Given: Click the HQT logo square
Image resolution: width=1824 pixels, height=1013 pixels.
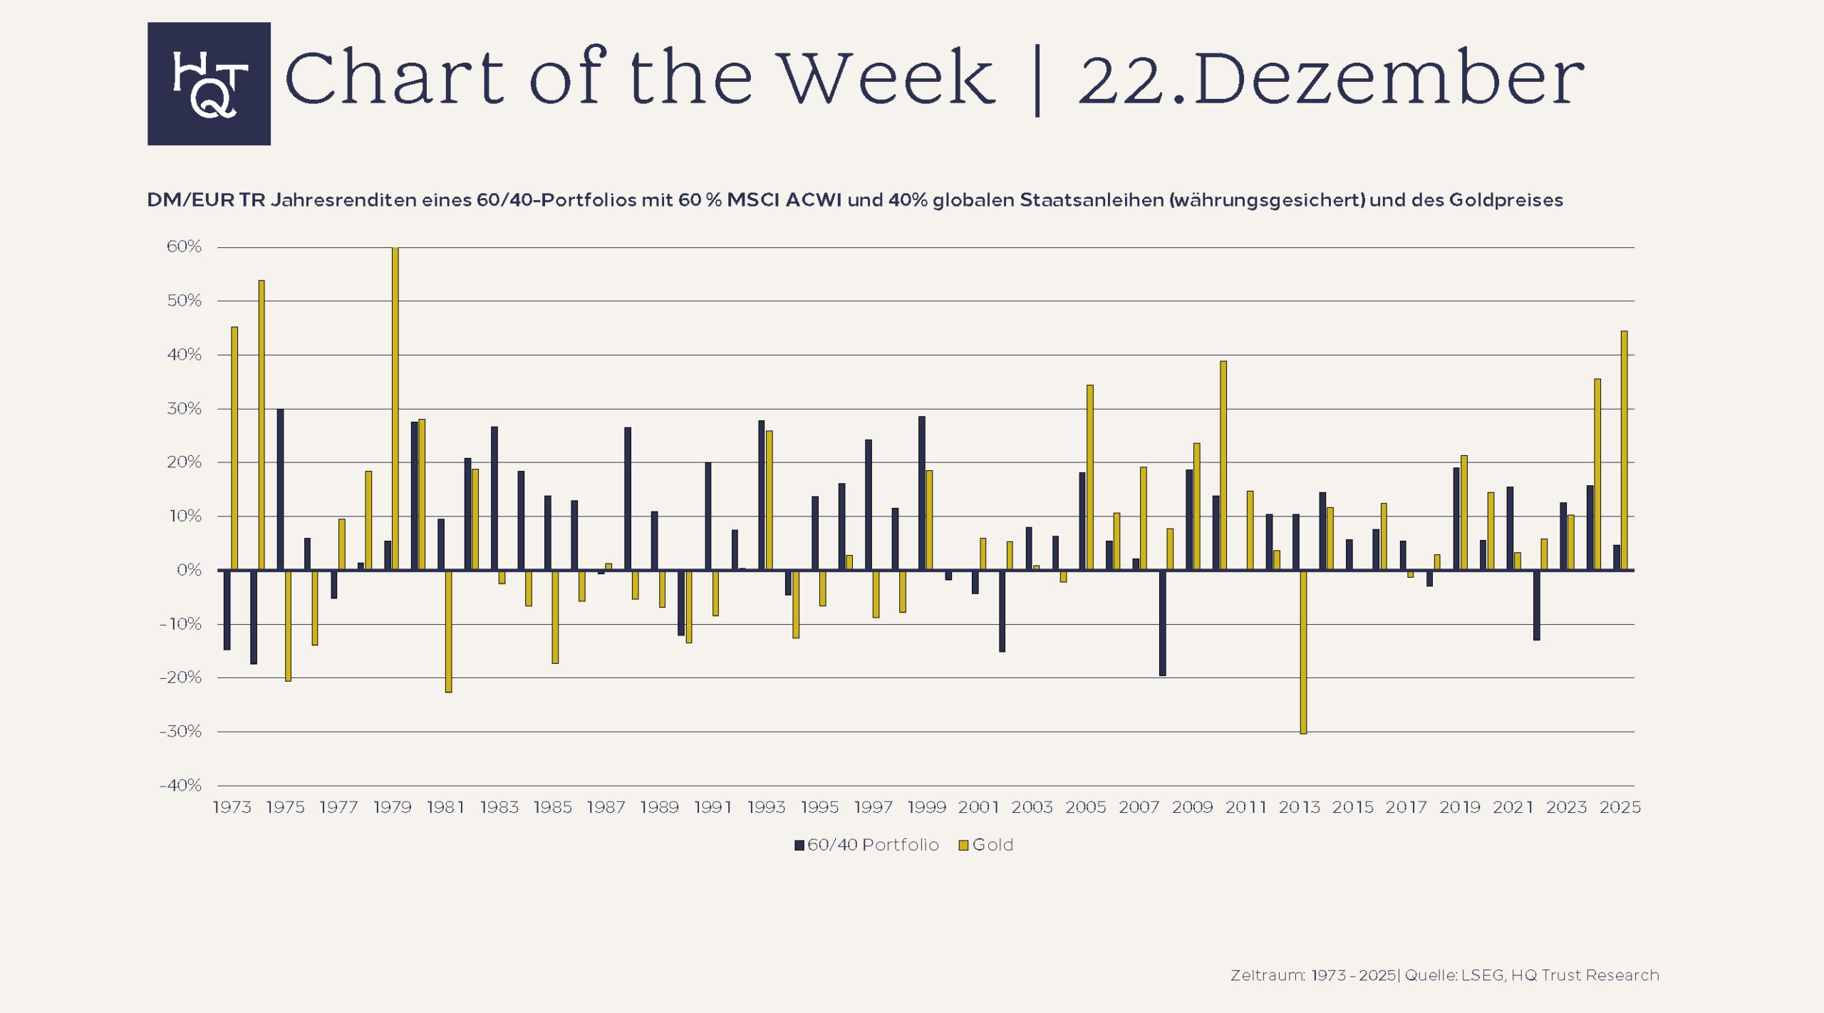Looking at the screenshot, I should pyautogui.click(x=209, y=83).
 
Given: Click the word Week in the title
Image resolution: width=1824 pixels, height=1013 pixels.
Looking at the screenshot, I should pyautogui.click(x=886, y=78).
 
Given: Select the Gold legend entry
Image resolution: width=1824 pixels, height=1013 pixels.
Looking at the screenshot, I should pyautogui.click(x=986, y=845).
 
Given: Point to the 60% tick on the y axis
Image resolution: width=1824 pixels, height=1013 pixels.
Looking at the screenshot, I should pyautogui.click(x=184, y=246).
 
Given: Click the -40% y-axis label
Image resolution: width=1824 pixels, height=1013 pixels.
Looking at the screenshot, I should pyautogui.click(x=181, y=785).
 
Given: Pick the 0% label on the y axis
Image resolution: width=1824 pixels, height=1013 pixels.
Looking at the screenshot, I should pyautogui.click(x=189, y=570).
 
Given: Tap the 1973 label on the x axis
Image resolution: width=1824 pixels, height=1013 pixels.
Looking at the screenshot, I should pyautogui.click(x=232, y=807).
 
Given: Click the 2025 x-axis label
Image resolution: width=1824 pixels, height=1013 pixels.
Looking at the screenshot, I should pyautogui.click(x=1620, y=807).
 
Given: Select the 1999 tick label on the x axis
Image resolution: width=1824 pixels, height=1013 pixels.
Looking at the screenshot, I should pyautogui.click(x=926, y=807).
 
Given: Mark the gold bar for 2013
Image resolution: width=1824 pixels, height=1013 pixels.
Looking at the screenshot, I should pyautogui.click(x=1303, y=652).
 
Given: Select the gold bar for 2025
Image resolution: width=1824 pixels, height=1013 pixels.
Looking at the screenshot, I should pyautogui.click(x=1624, y=450).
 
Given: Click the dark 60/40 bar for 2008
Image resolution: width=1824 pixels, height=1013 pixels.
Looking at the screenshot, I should pyautogui.click(x=1163, y=623).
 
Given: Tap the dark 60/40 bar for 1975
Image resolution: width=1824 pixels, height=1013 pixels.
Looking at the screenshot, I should pyautogui.click(x=281, y=489).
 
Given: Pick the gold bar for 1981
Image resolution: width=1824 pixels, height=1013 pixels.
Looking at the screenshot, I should pyautogui.click(x=449, y=631).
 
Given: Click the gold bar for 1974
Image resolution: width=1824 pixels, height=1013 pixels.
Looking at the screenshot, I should pyautogui.click(x=261, y=425).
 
